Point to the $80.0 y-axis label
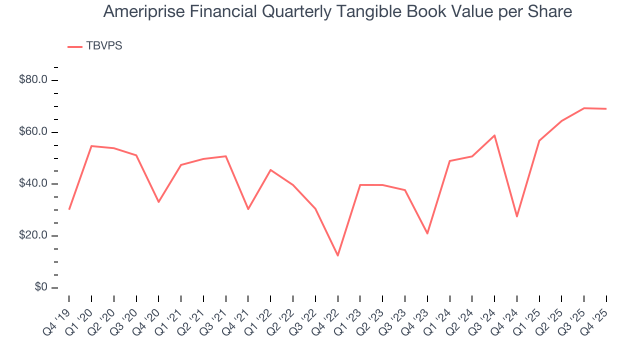pos(33,80)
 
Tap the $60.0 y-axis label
pos(33,132)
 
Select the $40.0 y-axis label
pos(33,184)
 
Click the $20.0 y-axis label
pos(33,236)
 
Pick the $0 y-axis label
pos(40,287)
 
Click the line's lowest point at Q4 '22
pos(338,255)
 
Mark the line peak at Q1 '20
pos(91,146)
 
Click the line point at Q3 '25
pos(584,108)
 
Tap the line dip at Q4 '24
pos(517,216)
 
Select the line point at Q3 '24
pos(494,135)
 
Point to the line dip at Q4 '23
pos(427,233)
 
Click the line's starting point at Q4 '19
pos(69,209)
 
